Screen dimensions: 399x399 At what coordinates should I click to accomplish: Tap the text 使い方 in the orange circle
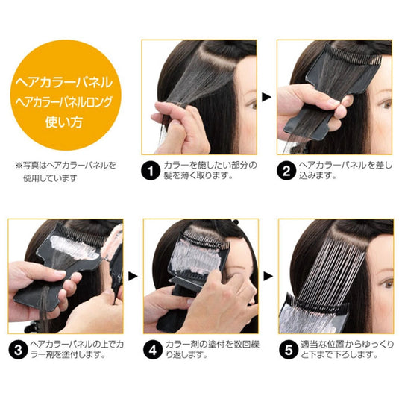67,121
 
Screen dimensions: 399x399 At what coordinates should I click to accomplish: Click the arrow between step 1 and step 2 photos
266,96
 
